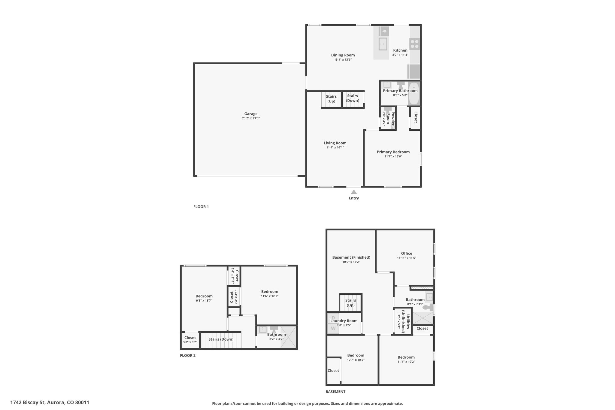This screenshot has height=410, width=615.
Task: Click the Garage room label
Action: pos(251,114)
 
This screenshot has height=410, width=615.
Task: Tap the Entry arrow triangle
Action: pos(354,192)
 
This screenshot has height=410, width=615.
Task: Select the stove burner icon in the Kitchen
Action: pos(415,44)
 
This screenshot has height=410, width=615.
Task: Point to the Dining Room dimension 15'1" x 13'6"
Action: pos(343,60)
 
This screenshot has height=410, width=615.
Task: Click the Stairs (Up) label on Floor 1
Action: pos(331,99)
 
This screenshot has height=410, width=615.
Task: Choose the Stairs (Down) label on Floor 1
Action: pos(353,98)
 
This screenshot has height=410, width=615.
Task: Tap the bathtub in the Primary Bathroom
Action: pos(414,93)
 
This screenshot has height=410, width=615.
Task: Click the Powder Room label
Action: pos(390,118)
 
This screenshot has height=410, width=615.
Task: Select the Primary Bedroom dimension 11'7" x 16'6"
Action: pos(393,156)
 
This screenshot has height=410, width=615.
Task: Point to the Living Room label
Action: pos(335,143)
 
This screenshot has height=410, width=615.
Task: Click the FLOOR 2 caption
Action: pos(188,356)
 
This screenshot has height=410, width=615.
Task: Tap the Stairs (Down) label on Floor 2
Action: pos(221,339)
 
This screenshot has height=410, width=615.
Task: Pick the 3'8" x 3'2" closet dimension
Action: pos(190,342)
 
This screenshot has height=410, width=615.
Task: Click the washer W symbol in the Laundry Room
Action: pos(333,328)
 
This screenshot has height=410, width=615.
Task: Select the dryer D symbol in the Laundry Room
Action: pos(333,318)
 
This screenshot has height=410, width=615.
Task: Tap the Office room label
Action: pos(407,253)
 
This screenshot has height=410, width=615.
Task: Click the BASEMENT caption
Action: pos(335,392)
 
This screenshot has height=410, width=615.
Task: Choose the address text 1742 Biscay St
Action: pos(28,402)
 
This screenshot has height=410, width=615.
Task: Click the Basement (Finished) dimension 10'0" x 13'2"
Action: pos(351,262)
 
